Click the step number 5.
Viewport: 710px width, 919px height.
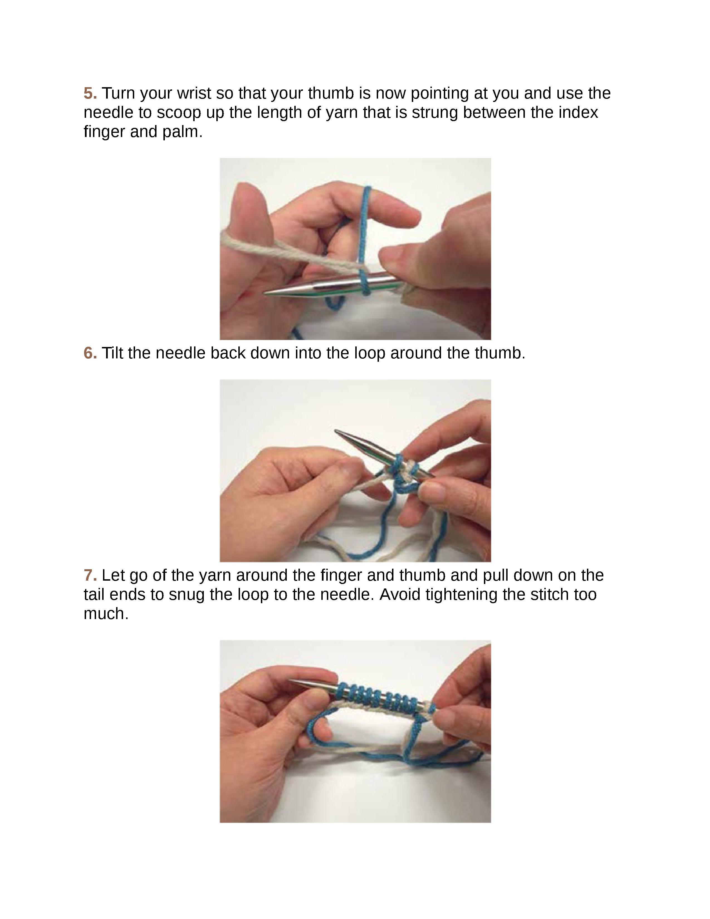coord(90,93)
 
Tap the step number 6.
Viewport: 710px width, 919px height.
coord(90,353)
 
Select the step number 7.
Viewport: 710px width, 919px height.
coord(90,575)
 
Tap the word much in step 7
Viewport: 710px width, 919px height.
coord(106,614)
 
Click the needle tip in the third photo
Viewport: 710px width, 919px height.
coord(289,680)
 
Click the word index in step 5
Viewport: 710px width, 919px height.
coord(579,113)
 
